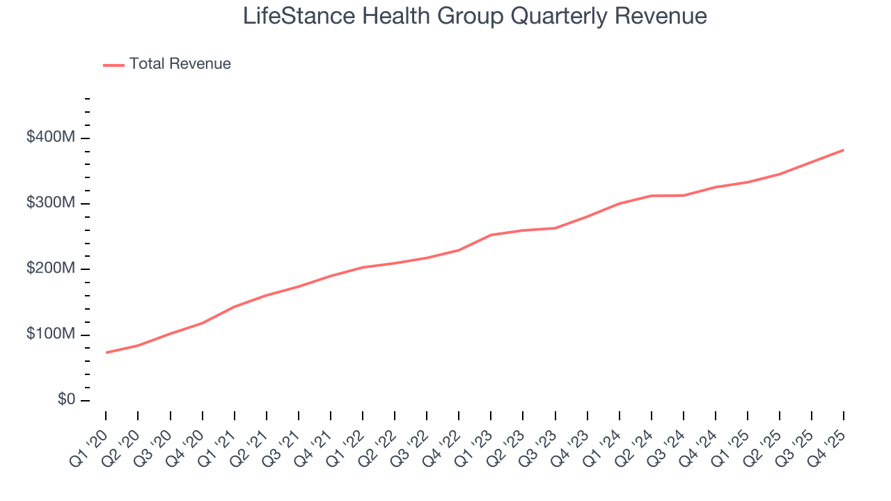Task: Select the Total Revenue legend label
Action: point(180,64)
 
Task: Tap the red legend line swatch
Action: point(113,65)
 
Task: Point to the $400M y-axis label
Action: point(50,138)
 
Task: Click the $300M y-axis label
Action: point(50,203)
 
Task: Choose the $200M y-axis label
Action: point(50,269)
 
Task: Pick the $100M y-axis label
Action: point(50,335)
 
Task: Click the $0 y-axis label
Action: point(67,400)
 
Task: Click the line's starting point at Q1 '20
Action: point(106,353)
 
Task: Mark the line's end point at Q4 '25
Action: point(844,150)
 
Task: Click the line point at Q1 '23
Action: point(491,235)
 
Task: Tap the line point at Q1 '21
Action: point(235,307)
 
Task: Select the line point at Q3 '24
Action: point(684,196)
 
